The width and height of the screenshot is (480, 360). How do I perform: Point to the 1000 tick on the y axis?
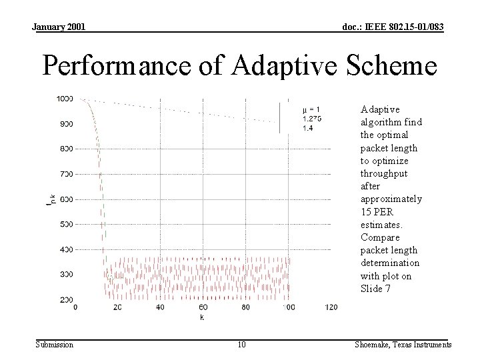pos(65,99)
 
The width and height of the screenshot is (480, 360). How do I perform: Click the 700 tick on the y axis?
pos(65,174)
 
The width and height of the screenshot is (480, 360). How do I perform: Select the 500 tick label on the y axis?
pos(65,224)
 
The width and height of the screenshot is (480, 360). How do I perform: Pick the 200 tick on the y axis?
pos(65,299)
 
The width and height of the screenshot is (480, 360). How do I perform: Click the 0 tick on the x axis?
pos(75,307)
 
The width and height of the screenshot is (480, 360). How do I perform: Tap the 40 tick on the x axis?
pos(160,307)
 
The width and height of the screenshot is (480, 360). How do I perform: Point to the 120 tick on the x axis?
pos(331,307)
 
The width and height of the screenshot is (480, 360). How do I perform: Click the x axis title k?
pos(203,317)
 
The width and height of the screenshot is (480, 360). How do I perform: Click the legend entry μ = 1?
pos(311,109)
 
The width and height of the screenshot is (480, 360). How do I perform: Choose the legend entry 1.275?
pos(311,119)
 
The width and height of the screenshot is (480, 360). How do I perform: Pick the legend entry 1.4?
pos(307,128)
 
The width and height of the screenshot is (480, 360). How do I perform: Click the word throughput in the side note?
pos(384,173)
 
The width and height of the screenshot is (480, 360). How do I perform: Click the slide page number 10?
pos(241,345)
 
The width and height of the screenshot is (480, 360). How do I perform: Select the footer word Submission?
pos(54,345)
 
